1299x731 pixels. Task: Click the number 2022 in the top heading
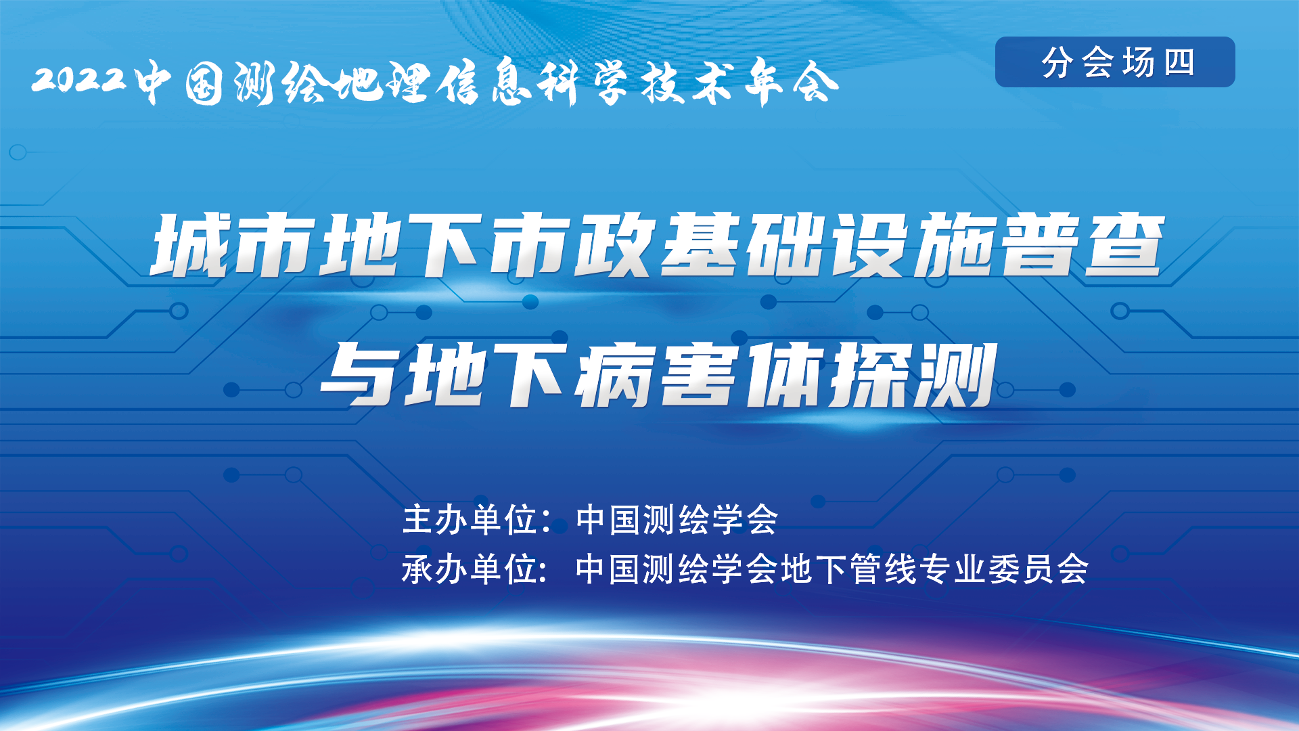point(79,80)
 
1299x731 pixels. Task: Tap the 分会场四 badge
point(1115,62)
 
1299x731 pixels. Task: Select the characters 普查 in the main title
point(1082,245)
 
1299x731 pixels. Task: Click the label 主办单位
point(470,520)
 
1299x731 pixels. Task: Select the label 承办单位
point(470,569)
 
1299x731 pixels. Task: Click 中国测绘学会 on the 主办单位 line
point(677,520)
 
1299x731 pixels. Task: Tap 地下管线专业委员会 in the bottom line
point(934,569)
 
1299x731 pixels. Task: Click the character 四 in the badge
point(1179,62)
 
